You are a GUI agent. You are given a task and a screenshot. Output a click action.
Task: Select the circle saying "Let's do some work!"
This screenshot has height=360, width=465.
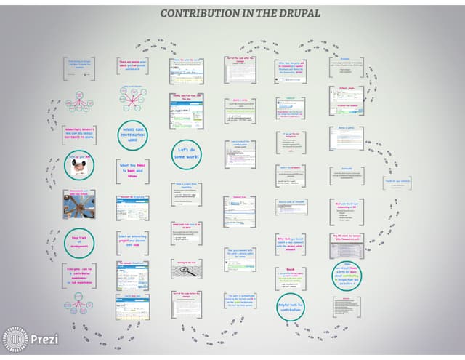point(185,153)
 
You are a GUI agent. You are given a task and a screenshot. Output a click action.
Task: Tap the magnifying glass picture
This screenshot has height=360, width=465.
point(186,270)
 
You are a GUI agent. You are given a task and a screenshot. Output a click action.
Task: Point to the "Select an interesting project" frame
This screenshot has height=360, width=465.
point(132,241)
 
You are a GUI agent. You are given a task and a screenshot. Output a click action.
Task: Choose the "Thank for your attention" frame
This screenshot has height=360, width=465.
point(397,185)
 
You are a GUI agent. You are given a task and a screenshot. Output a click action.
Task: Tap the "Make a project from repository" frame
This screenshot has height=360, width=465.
point(185,193)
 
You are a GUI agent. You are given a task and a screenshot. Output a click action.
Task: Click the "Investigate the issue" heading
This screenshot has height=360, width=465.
point(185,260)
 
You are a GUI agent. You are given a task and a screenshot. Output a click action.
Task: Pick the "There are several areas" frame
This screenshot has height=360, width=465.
point(132,66)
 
